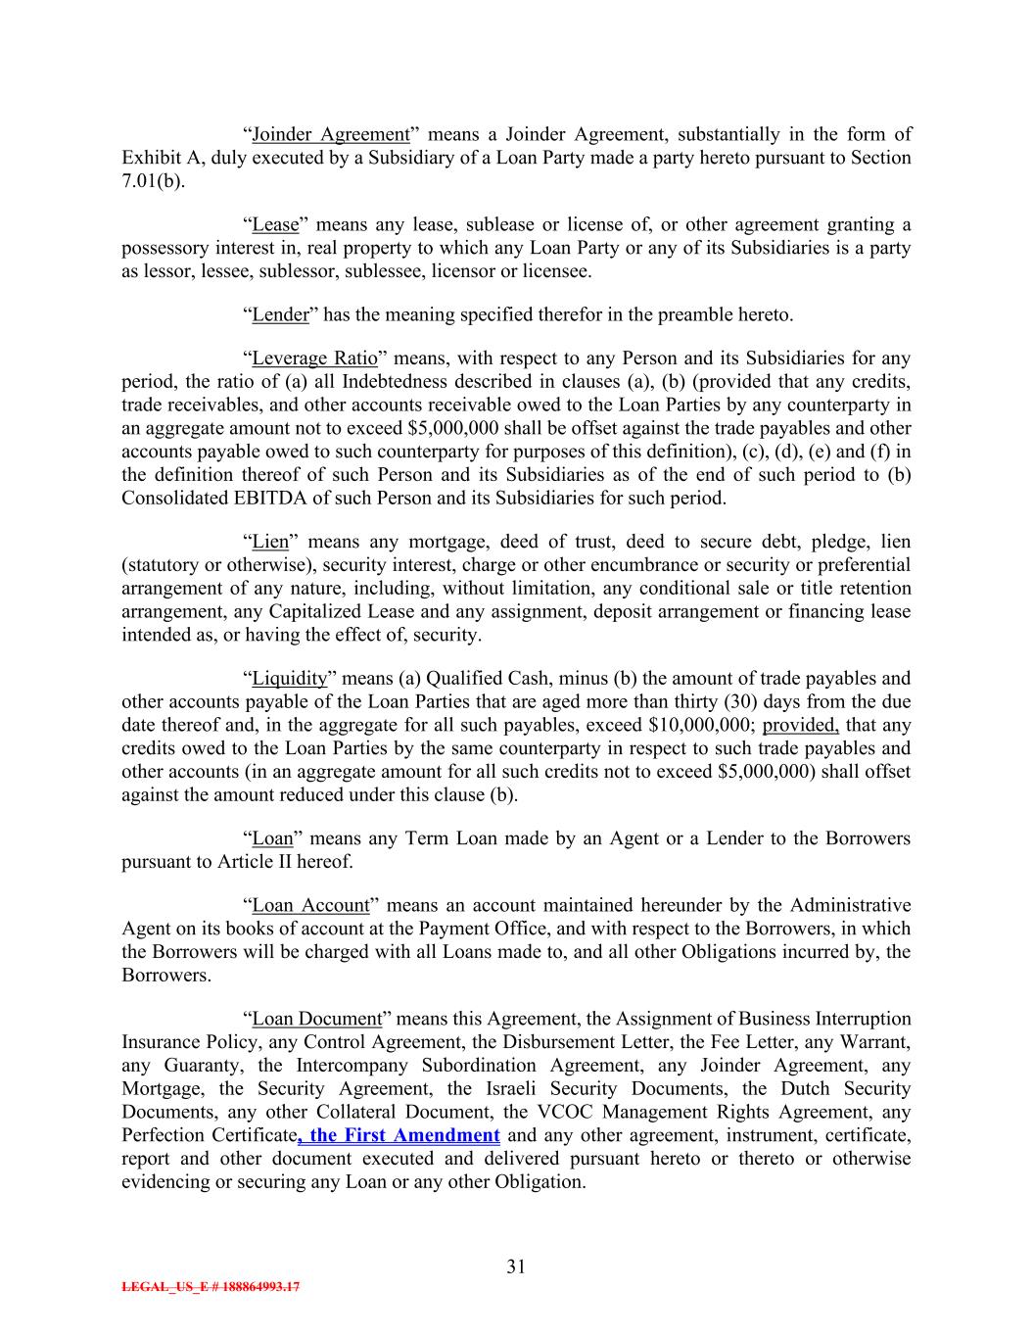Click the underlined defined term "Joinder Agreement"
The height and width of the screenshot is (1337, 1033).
[330, 135]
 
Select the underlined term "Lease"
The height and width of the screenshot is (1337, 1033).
[275, 225]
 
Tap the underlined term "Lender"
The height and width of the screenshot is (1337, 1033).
[280, 315]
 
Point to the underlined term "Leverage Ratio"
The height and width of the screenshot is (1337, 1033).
[314, 358]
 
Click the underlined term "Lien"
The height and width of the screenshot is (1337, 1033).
[270, 543]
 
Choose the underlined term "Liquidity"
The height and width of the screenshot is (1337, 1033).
[289, 679]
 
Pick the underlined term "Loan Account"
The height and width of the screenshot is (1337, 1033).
[310, 906]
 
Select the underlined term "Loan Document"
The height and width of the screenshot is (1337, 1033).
[316, 1020]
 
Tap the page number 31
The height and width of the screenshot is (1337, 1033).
[516, 1267]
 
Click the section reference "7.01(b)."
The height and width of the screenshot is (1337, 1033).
[153, 182]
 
